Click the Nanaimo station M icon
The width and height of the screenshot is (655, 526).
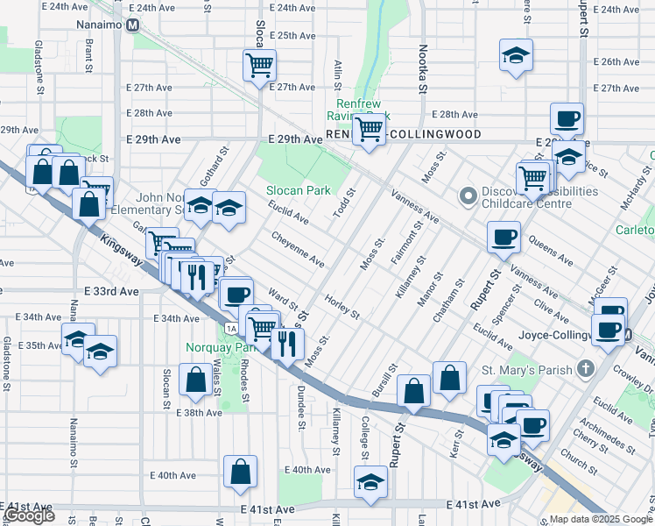(x=133, y=25)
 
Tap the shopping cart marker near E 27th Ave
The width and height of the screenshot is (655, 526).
(x=260, y=64)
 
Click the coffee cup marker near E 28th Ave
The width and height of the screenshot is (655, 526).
(x=567, y=117)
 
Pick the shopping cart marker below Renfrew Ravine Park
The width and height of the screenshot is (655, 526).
(x=370, y=130)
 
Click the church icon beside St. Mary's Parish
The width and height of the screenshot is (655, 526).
(x=592, y=370)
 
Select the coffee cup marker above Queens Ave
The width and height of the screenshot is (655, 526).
(x=504, y=236)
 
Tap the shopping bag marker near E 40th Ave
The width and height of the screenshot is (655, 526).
(x=240, y=471)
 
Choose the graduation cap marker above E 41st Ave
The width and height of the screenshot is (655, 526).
(x=370, y=481)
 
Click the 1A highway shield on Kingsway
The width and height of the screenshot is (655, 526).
(x=230, y=328)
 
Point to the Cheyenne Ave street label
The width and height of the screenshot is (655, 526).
(x=298, y=249)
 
